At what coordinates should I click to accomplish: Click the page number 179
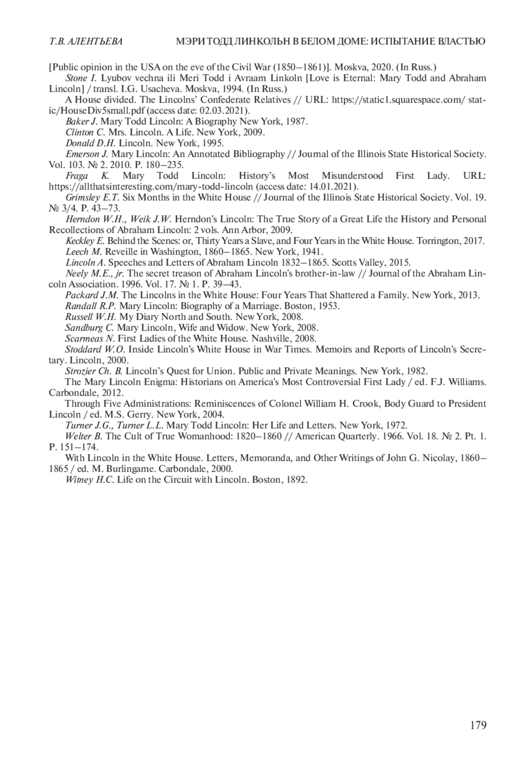pyautogui.click(x=478, y=725)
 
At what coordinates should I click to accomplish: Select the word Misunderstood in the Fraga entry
pyautogui.click(x=353, y=176)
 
